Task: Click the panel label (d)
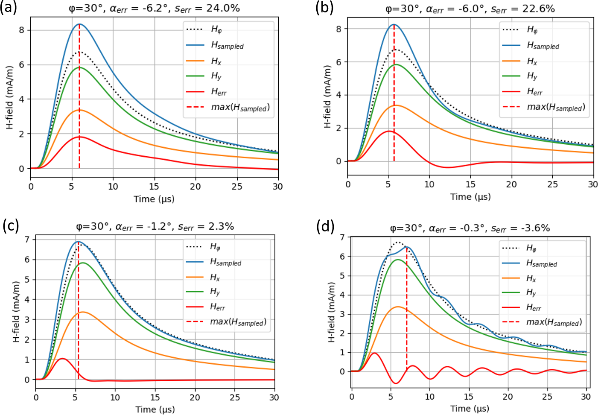click(325, 226)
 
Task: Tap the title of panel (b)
click(470, 9)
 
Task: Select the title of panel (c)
click(155, 226)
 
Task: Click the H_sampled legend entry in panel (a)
click(227, 45)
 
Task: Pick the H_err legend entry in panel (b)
click(534, 91)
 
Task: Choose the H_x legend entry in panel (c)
click(215, 278)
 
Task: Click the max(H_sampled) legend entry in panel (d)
click(554, 322)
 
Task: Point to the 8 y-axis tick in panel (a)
click(21, 30)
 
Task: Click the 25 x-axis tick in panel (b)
click(552, 184)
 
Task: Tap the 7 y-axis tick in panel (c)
click(27, 240)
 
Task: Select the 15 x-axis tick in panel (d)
click(469, 396)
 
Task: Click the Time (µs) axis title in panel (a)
click(154, 199)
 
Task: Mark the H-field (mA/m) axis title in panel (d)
click(332, 312)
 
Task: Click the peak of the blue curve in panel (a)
click(79, 24)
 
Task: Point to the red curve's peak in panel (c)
click(63, 359)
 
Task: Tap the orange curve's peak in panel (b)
click(397, 105)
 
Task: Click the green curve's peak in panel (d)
click(398, 259)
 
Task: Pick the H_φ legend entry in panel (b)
click(532, 29)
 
